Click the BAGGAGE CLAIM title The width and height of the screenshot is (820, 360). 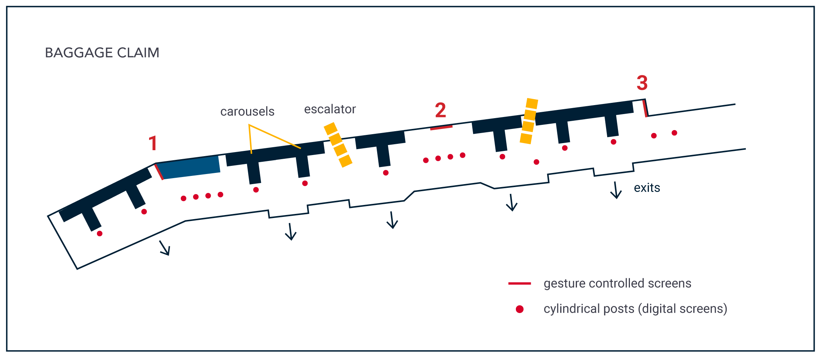pyautogui.click(x=102, y=53)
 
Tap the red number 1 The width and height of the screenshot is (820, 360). pyautogui.click(x=153, y=143)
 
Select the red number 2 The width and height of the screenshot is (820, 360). pyautogui.click(x=440, y=110)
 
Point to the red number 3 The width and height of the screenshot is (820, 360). pyautogui.click(x=642, y=83)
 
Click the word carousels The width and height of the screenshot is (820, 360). pyautogui.click(x=247, y=111)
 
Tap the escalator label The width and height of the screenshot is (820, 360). pyautogui.click(x=330, y=109)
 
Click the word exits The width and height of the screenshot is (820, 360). pyautogui.click(x=647, y=188)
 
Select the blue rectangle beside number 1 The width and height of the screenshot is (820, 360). pyautogui.click(x=190, y=167)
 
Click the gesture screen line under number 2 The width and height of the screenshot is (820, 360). pyautogui.click(x=441, y=128)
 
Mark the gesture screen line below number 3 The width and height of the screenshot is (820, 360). pyautogui.click(x=645, y=108)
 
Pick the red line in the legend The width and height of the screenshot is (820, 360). pyautogui.click(x=520, y=284)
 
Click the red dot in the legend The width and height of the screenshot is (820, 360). pyautogui.click(x=520, y=309)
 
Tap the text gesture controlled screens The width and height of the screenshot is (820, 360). pyautogui.click(x=617, y=284)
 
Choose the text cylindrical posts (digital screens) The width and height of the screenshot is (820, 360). pyautogui.click(x=635, y=309)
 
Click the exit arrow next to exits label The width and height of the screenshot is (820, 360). pyautogui.click(x=615, y=190)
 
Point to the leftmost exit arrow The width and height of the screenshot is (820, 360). pyautogui.click(x=165, y=248)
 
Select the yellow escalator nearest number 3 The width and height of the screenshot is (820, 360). pyautogui.click(x=529, y=121)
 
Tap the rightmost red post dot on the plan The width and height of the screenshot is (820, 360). pyautogui.click(x=674, y=133)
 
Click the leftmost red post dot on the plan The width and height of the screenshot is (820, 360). pyautogui.click(x=100, y=234)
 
